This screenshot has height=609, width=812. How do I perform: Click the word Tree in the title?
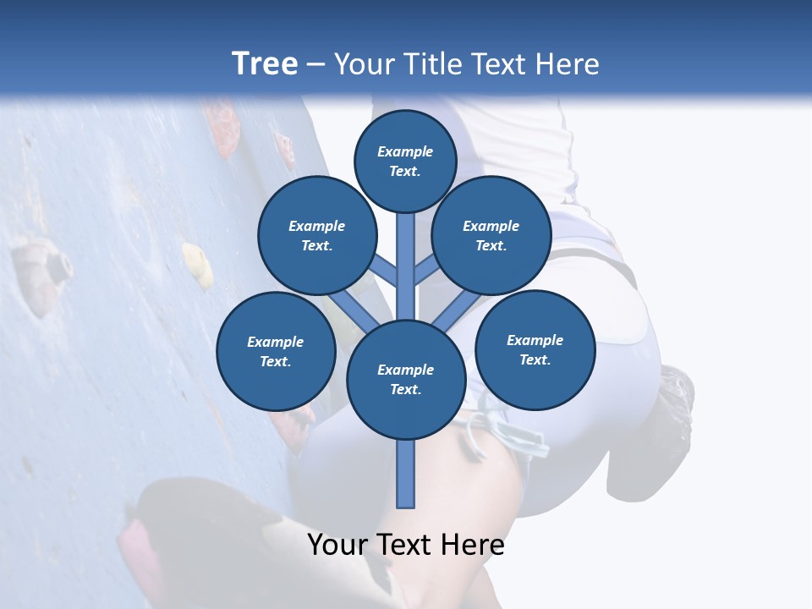pyautogui.click(x=264, y=63)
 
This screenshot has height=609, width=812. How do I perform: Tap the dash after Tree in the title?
pyautogui.click(x=315, y=65)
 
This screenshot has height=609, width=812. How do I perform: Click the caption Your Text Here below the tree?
pyautogui.click(x=406, y=545)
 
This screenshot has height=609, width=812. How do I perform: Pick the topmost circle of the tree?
pyautogui.click(x=405, y=161)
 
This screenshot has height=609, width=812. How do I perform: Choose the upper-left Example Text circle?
pyautogui.click(x=316, y=235)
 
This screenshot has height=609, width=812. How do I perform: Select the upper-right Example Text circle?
pyautogui.click(x=491, y=235)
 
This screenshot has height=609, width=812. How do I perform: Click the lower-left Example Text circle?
pyautogui.click(x=275, y=351)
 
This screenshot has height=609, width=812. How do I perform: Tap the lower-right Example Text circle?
pyautogui.click(x=535, y=349)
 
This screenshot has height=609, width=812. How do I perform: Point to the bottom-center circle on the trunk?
pyautogui.click(x=405, y=379)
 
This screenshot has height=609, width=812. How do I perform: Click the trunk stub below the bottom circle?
pyautogui.click(x=405, y=474)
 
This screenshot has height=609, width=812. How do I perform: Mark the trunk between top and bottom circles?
pyautogui.click(x=405, y=262)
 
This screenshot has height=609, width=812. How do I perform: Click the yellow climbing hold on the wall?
pyautogui.click(x=198, y=264)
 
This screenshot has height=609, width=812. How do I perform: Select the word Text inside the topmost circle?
pyautogui.click(x=404, y=171)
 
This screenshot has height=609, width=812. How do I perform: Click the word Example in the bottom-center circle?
pyautogui.click(x=405, y=370)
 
